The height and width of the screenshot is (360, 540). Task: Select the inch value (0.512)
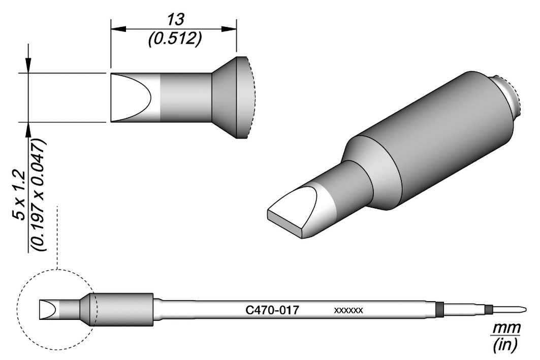pos(175,40)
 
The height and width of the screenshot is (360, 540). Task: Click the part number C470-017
pos(272,310)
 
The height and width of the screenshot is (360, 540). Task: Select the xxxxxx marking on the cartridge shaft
pos(348,311)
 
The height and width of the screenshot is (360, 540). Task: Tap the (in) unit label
pos(505,345)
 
